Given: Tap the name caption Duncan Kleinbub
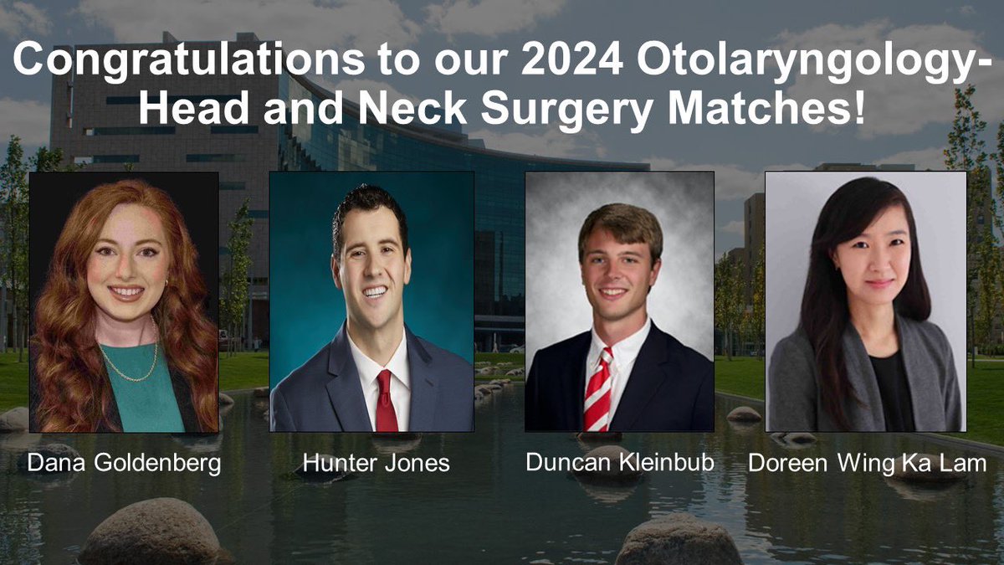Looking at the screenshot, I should tap(620, 463).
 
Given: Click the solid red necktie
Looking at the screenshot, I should tap(386, 402).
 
